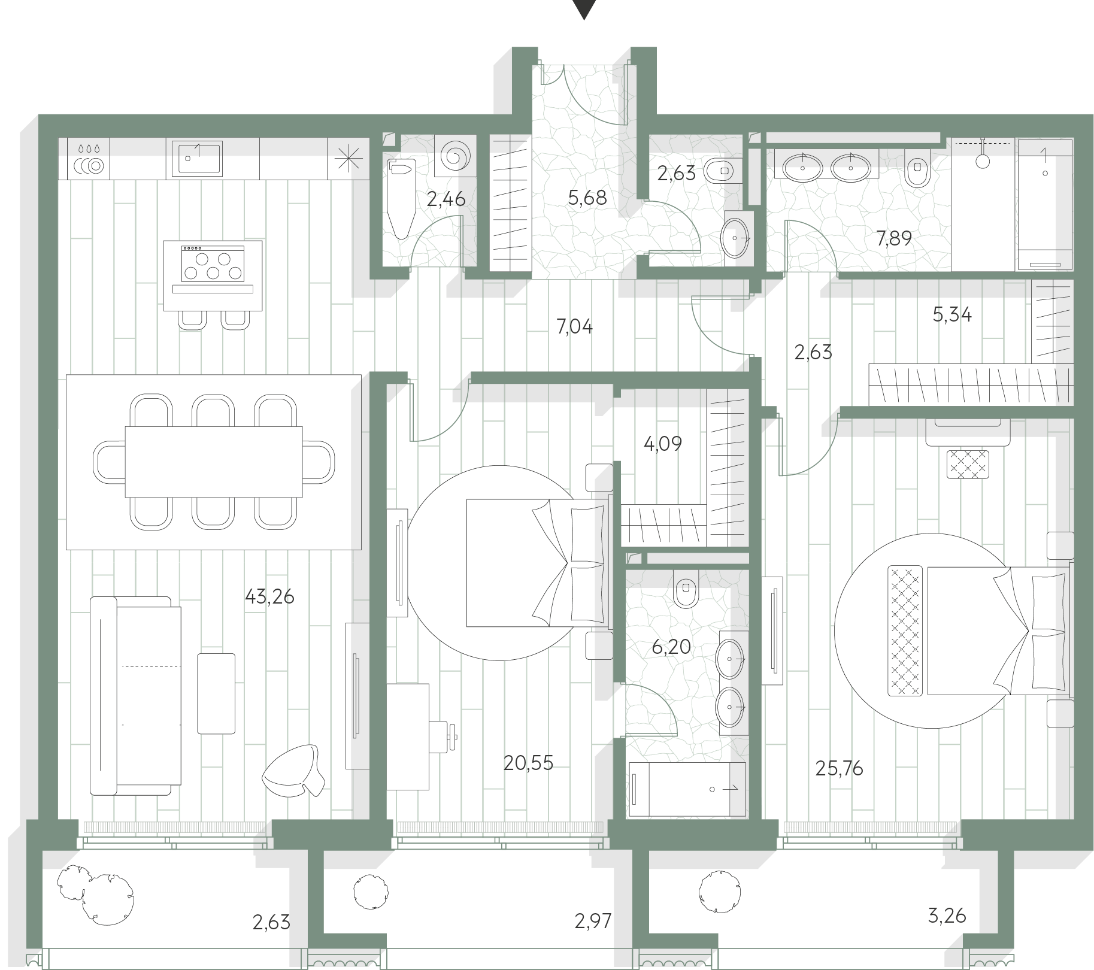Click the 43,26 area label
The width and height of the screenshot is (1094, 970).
pos(269,597)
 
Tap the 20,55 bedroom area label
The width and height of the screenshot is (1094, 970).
pos(528,763)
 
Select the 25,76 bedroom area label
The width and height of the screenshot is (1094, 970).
pos(839,768)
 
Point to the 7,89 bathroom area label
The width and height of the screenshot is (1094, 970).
pos(894,238)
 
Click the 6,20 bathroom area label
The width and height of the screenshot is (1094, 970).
pos(672,647)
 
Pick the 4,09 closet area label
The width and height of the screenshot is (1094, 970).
pos(663,444)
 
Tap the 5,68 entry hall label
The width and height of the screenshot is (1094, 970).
pos(587,198)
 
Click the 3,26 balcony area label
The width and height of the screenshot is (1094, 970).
pos(947,916)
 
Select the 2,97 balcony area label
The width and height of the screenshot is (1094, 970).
pos(593,920)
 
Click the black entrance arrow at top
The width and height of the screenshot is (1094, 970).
pos(583,8)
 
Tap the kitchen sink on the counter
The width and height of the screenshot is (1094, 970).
pos(197,159)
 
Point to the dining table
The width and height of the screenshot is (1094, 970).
pos(214,462)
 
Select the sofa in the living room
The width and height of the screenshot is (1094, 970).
pos(135,696)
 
